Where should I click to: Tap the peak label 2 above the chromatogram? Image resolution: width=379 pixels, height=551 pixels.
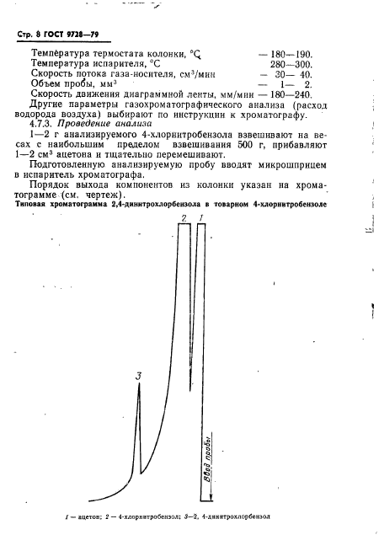pos(184,219)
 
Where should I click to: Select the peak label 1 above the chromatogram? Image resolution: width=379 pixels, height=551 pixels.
pos(201,219)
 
